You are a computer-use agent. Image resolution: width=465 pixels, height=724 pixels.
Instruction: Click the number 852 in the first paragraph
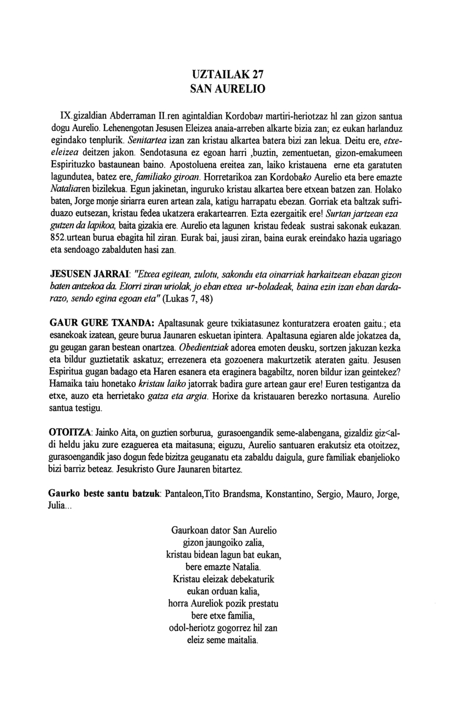[58, 238]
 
